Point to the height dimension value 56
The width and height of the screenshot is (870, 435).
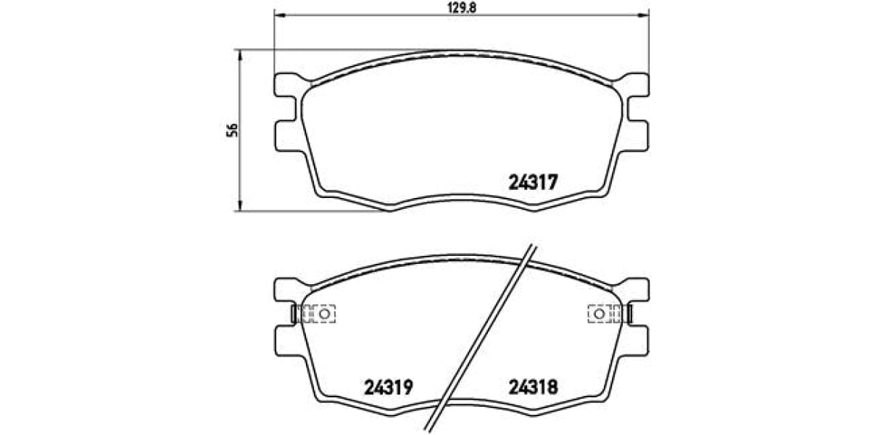tap(232, 130)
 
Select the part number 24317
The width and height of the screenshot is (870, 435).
tap(529, 183)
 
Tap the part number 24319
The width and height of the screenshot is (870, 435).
tap(386, 387)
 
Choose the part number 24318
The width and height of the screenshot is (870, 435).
tap(532, 387)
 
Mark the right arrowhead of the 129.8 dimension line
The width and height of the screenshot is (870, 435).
tap(647, 14)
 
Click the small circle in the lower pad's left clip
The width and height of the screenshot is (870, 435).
tap(326, 314)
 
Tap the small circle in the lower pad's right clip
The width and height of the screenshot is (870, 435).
tap(600, 314)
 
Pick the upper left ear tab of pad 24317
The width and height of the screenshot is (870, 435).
tap(287, 85)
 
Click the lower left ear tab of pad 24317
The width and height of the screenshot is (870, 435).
tap(288, 136)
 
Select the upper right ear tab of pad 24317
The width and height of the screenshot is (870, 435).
tap(637, 85)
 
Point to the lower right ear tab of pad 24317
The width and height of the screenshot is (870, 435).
tap(636, 136)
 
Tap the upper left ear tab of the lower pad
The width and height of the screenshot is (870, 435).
tap(287, 290)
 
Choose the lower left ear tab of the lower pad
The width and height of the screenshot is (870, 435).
tap(288, 339)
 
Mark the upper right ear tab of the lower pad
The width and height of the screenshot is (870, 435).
tap(637, 290)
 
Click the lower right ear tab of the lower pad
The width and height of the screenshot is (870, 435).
tap(636, 339)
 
